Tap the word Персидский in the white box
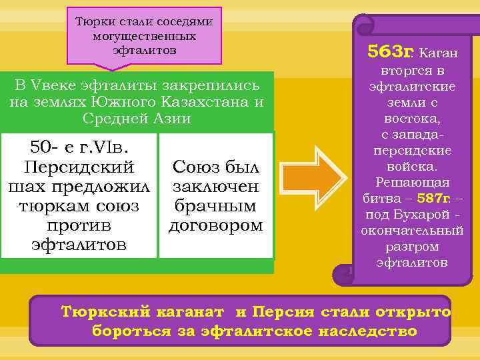79,167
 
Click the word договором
216,225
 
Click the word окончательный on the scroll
412,231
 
